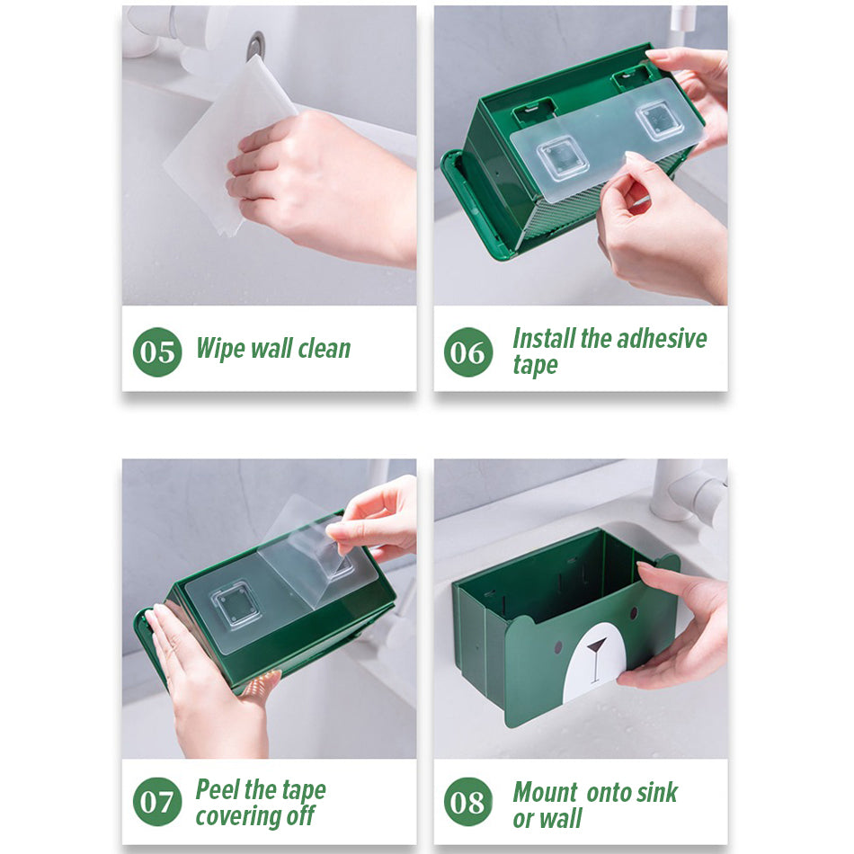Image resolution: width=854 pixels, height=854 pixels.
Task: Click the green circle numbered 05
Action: click(157, 351)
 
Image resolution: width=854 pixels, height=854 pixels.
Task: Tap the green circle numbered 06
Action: click(467, 351)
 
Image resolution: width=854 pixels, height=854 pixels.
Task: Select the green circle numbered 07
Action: click(157, 801)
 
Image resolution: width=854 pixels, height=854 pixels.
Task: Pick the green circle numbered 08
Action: click(467, 801)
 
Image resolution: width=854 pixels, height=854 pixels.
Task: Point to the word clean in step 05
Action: click(324, 349)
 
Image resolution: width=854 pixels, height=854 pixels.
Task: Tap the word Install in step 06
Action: click(544, 338)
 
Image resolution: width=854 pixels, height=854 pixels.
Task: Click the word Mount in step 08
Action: click(545, 792)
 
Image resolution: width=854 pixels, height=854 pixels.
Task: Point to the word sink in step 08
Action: click(657, 792)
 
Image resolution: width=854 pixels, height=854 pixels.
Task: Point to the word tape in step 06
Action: click(536, 366)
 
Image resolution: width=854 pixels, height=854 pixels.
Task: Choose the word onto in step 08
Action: click(609, 793)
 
